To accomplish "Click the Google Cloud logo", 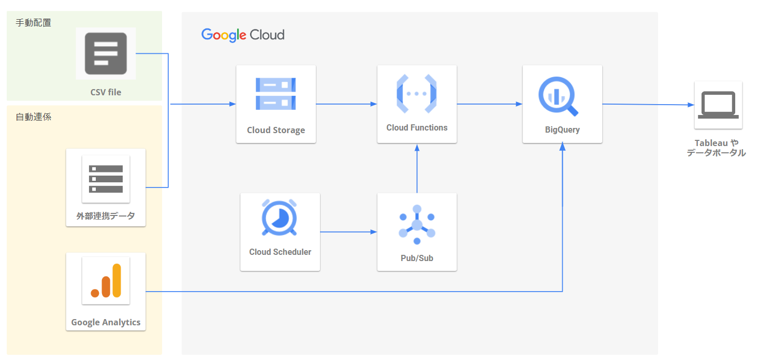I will [243, 35].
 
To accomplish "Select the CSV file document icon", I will [106, 53].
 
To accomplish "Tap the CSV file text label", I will [106, 92].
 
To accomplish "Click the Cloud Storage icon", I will [275, 94].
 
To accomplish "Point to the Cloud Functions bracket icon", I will [417, 94].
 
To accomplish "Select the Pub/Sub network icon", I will [417, 224].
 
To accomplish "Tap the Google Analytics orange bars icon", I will [106, 280].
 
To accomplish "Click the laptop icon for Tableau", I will [718, 105].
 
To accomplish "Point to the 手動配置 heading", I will [33, 23].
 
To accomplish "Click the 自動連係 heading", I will [33, 117].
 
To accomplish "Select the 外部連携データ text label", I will [106, 216].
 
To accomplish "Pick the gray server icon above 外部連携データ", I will [106, 179].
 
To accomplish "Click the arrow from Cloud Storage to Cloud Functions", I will [346, 104].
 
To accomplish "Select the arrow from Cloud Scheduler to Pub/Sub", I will [348, 232].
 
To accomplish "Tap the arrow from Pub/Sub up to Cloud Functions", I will [417, 168].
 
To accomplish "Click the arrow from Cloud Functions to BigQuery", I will [489, 104].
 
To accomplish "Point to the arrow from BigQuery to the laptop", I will [647, 105].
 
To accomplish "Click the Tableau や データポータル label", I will [717, 148].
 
